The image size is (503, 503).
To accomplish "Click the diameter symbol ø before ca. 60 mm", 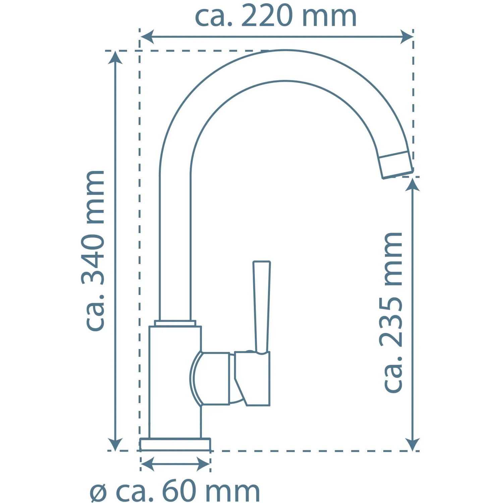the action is pyautogui.click(x=99, y=493).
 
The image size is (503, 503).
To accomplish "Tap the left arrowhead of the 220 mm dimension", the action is pyautogui.click(x=147, y=37).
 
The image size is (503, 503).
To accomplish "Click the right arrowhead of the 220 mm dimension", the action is pyautogui.click(x=406, y=37).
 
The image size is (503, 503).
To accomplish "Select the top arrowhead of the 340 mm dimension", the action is pyautogui.click(x=115, y=57).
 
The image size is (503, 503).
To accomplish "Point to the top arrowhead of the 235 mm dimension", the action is pyautogui.click(x=412, y=184).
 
